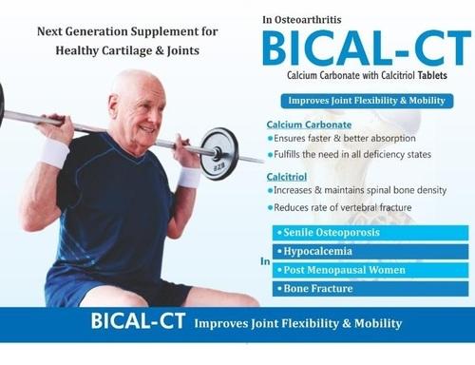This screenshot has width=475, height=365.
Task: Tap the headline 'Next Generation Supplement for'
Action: coord(127,31)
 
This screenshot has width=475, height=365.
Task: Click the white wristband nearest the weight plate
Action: coord(189,177)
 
